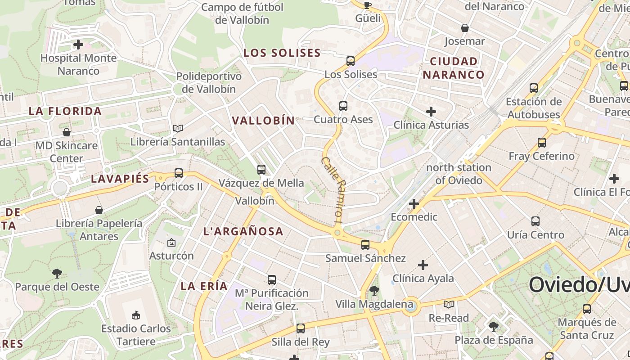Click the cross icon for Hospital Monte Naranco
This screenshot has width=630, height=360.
click(x=78, y=45)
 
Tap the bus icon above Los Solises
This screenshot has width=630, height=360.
click(x=351, y=61)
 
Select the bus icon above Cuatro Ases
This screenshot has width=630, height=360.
click(x=343, y=106)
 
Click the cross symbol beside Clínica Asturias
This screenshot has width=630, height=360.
click(x=431, y=112)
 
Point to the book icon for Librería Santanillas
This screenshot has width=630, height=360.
click(x=178, y=129)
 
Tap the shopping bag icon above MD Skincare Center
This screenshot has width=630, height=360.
click(x=67, y=132)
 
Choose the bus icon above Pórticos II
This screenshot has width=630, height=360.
click(x=179, y=173)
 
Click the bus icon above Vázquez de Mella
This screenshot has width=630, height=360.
click(x=261, y=170)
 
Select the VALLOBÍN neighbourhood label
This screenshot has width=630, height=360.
click(x=263, y=120)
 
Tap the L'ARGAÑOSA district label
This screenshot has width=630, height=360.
click(x=243, y=231)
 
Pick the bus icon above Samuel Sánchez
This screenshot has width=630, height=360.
click(x=365, y=245)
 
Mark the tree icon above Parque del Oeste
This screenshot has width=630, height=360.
click(x=57, y=273)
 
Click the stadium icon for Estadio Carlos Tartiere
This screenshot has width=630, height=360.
click(x=136, y=315)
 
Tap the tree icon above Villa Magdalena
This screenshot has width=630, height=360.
click(x=374, y=291)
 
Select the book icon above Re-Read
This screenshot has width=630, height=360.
click(x=449, y=305)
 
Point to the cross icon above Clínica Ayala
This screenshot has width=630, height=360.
click(x=423, y=265)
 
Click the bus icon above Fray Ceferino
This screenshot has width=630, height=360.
click(x=542, y=143)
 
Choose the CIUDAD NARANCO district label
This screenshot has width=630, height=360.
click(x=454, y=68)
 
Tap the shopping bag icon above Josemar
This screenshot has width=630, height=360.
click(x=465, y=28)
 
